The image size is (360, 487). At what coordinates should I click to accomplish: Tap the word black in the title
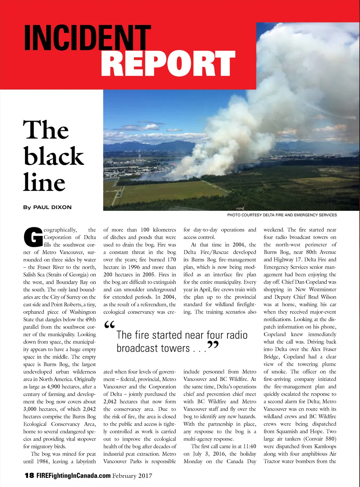coord(54,156)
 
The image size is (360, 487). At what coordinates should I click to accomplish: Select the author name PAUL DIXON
coord(52,207)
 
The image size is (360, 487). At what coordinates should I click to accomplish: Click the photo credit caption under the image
coord(282,215)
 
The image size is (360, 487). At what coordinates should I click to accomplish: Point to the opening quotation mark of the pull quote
coord(110,325)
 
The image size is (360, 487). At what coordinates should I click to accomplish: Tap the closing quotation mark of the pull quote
coord(213,345)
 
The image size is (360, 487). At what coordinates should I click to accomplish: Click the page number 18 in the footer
coord(29,476)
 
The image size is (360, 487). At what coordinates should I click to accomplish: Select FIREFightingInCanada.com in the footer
coord(73,476)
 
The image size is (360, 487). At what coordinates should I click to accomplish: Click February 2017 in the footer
coord(132,476)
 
